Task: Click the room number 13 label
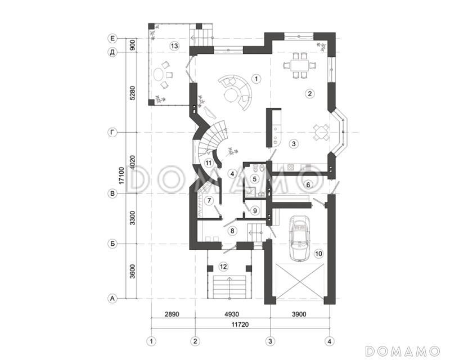[174, 46]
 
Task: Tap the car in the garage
[300, 238]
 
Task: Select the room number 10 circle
[318, 254]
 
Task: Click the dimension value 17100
[121, 175]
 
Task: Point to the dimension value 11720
[240, 325]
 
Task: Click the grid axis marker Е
[112, 38]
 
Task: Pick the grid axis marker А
[112, 299]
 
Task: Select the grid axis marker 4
[330, 341]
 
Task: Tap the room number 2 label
[309, 93]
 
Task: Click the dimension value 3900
[299, 314]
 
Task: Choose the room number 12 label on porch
[223, 267]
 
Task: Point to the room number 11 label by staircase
[208, 163]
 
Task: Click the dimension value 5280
[132, 93]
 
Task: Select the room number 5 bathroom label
[255, 179]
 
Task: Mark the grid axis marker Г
[112, 132]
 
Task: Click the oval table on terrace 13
[159, 76]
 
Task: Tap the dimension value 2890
[172, 314]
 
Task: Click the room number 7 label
[209, 200]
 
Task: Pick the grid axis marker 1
[151, 341]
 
